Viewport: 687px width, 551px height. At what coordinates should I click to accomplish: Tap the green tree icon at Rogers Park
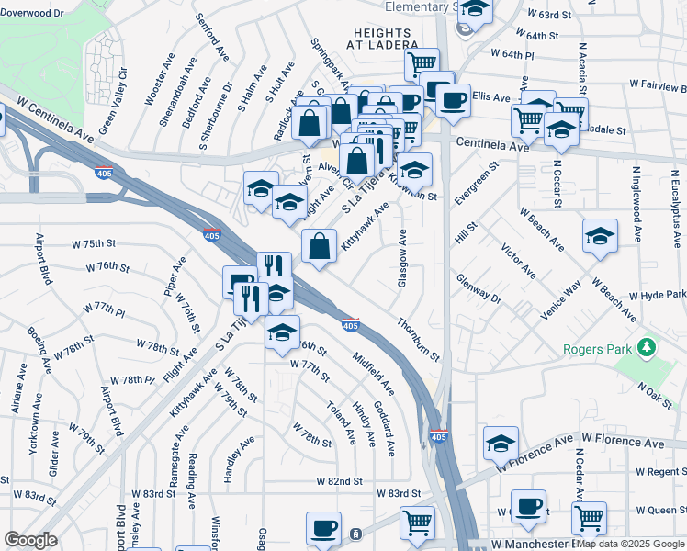tap(648, 347)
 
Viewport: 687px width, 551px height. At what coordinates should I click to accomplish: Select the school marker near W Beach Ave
tap(600, 236)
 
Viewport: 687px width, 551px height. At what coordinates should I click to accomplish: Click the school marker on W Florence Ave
tap(501, 444)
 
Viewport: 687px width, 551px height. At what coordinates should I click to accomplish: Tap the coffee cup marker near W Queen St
tap(528, 506)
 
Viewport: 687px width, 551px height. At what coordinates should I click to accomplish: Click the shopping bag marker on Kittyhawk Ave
tap(319, 246)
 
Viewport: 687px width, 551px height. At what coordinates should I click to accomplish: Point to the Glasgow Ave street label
tap(402, 258)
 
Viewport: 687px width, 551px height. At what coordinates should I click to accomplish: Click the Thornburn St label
tap(419, 339)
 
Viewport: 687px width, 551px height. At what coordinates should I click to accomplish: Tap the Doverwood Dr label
tap(33, 15)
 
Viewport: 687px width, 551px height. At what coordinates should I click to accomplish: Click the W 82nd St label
tap(339, 481)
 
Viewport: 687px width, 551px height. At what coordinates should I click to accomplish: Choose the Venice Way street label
tap(561, 300)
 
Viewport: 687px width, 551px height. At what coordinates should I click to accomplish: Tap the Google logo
tap(31, 540)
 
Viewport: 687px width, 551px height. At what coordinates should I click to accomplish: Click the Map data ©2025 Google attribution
tap(630, 544)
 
